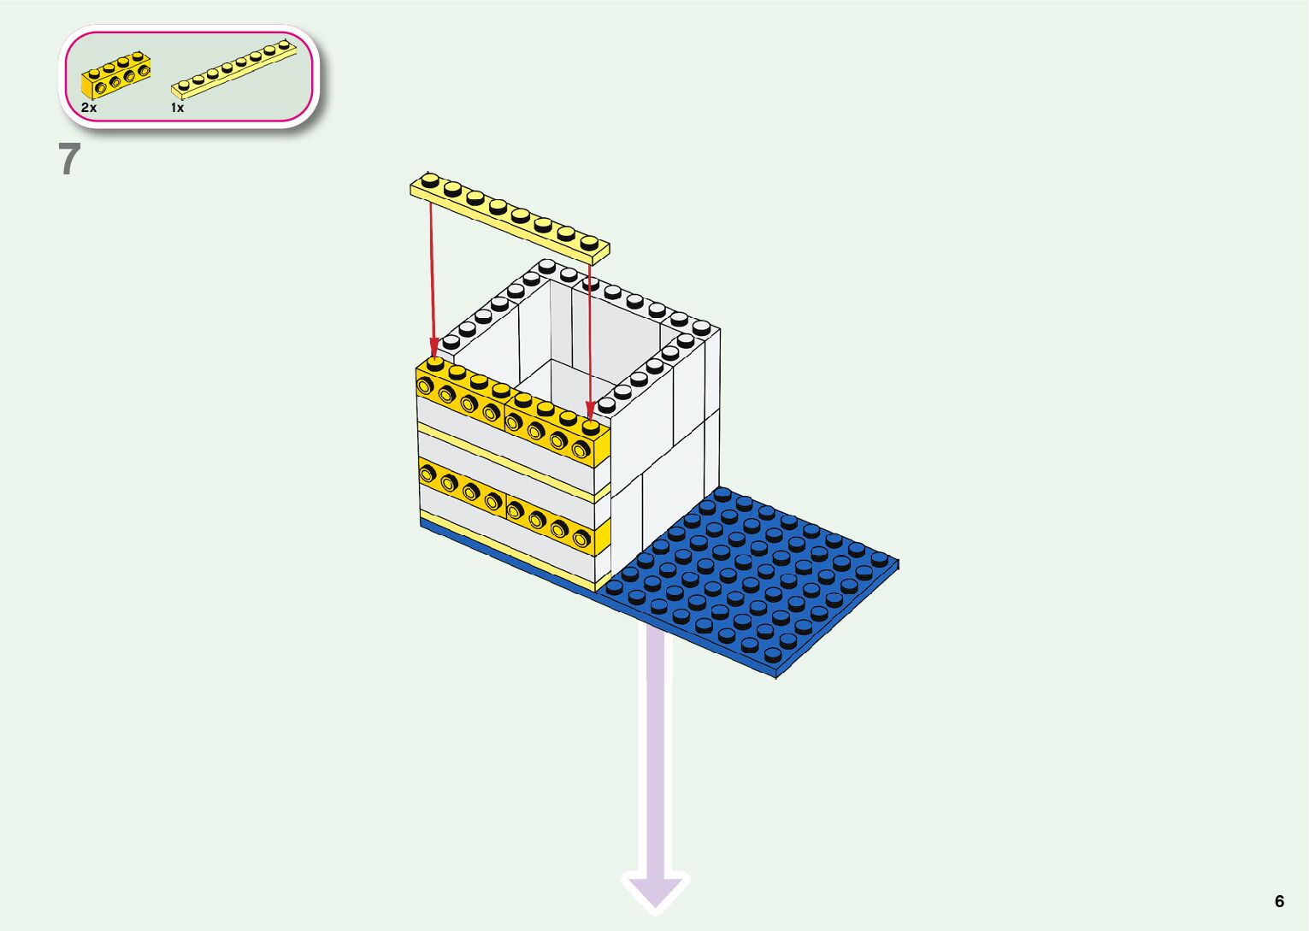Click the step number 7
pos(69,159)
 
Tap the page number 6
pos(1279,901)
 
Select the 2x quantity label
pos(89,108)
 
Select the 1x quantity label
pos(177,108)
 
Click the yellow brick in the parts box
pos(116,75)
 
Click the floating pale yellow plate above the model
pos(510,215)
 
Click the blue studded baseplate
pos(761,581)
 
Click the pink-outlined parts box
pos(189,75)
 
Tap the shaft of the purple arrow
pos(656,752)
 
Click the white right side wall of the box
pos(667,445)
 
